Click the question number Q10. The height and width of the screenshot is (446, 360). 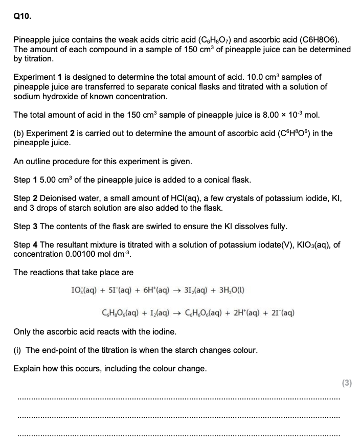22,16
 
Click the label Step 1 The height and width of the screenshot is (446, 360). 26,180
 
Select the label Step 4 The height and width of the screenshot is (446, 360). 26,245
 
